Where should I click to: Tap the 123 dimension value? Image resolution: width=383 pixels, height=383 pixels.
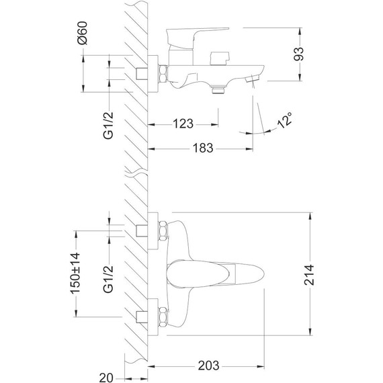pos(182,124)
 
